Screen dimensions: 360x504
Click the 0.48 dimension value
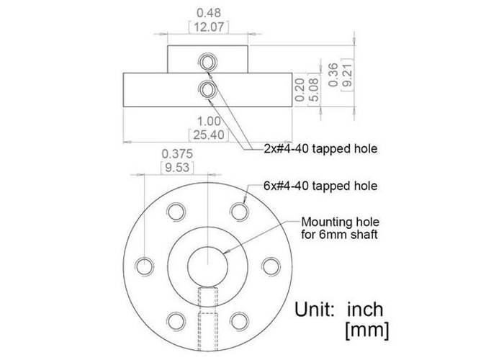click(x=208, y=12)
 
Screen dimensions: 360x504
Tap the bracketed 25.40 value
click(x=208, y=134)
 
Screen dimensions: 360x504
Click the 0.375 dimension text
click(x=176, y=153)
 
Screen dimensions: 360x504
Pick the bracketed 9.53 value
click(x=176, y=167)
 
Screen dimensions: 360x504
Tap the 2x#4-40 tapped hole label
click(x=320, y=149)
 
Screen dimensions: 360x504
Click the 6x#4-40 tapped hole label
click(x=320, y=185)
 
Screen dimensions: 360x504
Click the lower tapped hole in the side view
click(x=208, y=89)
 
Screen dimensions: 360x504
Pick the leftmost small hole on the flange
click(x=146, y=264)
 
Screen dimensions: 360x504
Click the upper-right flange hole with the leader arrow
click(x=239, y=210)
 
